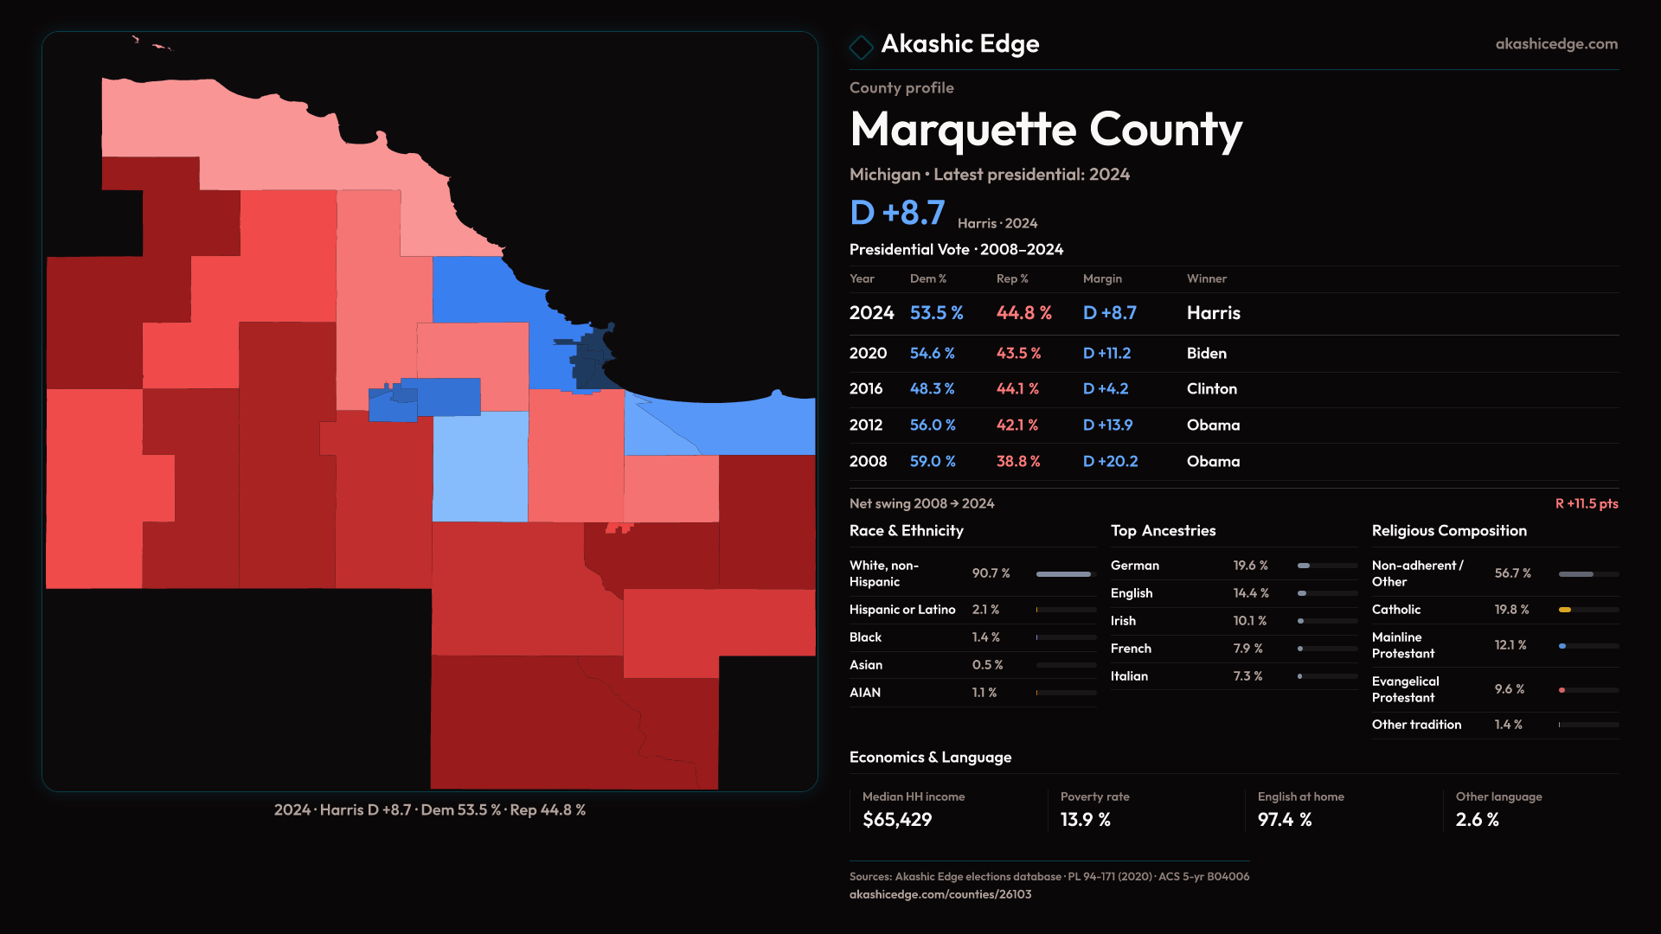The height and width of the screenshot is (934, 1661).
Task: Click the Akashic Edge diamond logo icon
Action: click(861, 47)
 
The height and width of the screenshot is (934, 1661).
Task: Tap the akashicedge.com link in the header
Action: click(1556, 44)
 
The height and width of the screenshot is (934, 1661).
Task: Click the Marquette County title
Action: click(1046, 130)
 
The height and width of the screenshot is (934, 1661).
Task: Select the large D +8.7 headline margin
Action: click(897, 213)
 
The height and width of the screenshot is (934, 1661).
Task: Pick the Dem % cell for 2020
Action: click(932, 354)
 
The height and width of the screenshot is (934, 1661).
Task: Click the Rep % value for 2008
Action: click(1018, 462)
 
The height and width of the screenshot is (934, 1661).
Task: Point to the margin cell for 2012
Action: click(1107, 425)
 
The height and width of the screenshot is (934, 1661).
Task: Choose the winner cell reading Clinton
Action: click(1211, 389)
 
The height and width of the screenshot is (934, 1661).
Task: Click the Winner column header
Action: click(1206, 278)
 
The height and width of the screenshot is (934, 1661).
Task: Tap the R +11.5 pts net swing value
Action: click(1586, 504)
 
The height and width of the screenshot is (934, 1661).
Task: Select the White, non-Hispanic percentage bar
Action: click(1064, 574)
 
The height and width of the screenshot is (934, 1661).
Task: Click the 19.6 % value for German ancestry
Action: click(1250, 566)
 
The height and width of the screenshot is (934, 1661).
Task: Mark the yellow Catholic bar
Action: click(1565, 610)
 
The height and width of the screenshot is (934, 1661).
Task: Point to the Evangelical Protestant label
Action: click(1405, 689)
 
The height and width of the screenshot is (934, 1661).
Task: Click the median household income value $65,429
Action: click(897, 820)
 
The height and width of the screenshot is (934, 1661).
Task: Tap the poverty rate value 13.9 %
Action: click(1085, 820)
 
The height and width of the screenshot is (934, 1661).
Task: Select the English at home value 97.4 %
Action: click(1285, 820)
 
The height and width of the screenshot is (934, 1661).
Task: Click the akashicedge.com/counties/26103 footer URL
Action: click(940, 895)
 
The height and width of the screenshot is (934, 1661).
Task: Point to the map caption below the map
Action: click(430, 810)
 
